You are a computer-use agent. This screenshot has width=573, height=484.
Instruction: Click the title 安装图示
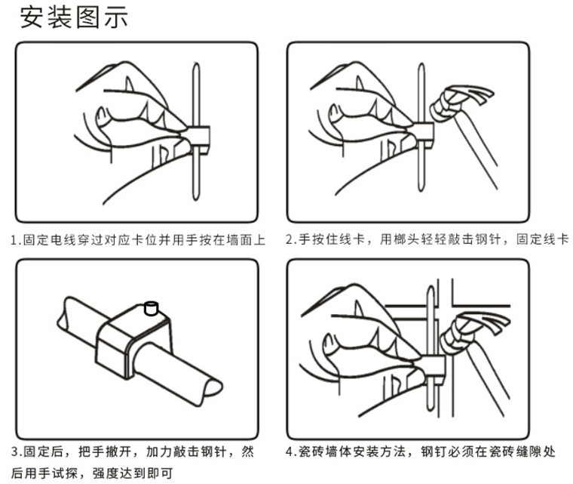74,17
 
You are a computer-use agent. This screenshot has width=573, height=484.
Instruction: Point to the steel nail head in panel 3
151,308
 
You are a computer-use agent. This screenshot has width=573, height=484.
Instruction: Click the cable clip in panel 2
423,135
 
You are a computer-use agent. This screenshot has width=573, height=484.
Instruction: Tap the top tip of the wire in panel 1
196,64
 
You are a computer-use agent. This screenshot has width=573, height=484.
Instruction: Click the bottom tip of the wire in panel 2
421,189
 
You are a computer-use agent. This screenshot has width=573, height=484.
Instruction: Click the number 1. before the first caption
15,240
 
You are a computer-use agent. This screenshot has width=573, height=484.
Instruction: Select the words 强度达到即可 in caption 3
132,473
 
